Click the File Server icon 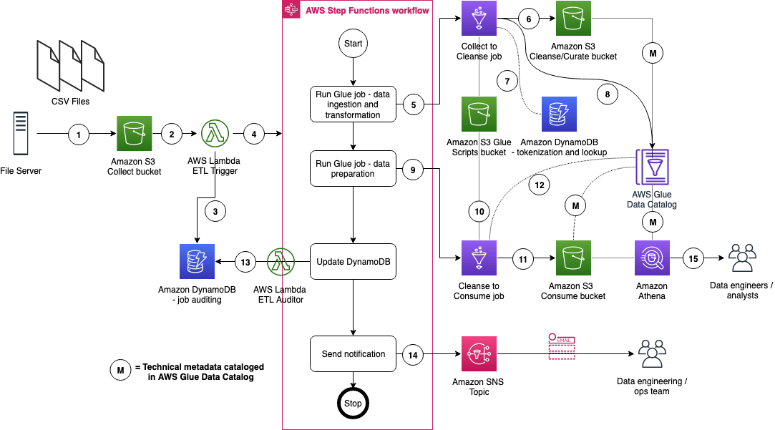pyautogui.click(x=20, y=134)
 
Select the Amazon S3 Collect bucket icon pyautogui.click(x=134, y=134)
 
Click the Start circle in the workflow pyautogui.click(x=353, y=44)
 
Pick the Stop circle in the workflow pyautogui.click(x=353, y=403)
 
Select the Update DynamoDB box pyautogui.click(x=353, y=263)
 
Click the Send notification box pyautogui.click(x=353, y=353)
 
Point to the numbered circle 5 pyautogui.click(x=413, y=105)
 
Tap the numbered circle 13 pyautogui.click(x=245, y=263)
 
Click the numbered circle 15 pyautogui.click(x=693, y=259)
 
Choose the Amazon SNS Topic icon pyautogui.click(x=477, y=354)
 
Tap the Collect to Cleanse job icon pyautogui.click(x=478, y=19)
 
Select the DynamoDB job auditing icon pyautogui.click(x=196, y=262)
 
